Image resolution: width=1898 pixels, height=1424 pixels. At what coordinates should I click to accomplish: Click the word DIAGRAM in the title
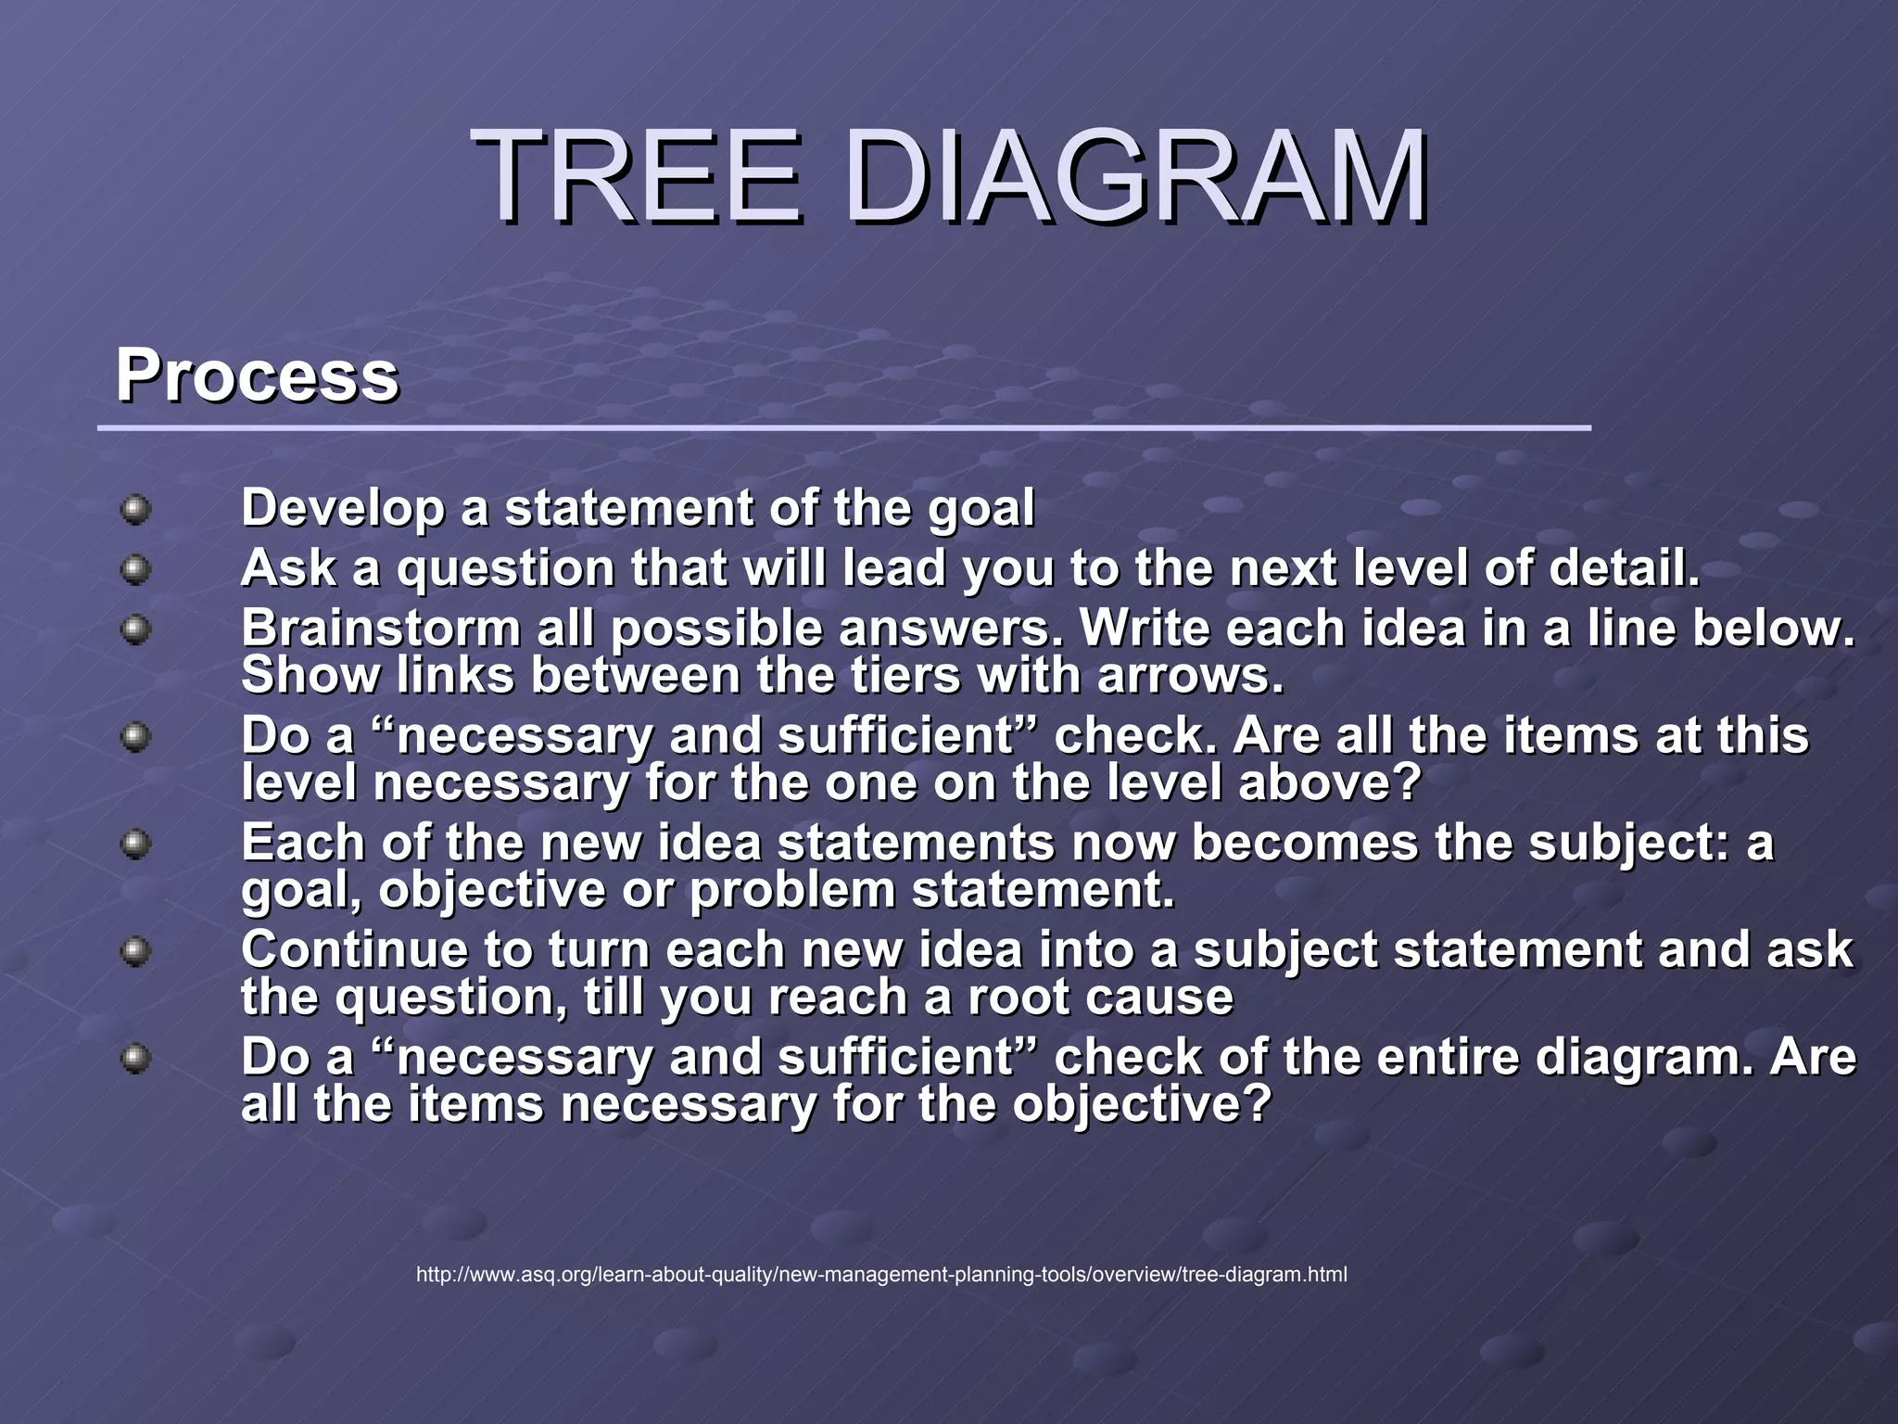[x=1136, y=178]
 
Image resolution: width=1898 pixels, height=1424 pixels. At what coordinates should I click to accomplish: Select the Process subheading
[x=257, y=375]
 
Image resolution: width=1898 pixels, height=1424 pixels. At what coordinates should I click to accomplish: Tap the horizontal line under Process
[x=843, y=428]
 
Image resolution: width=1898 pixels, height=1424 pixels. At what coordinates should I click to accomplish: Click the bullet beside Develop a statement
[x=136, y=510]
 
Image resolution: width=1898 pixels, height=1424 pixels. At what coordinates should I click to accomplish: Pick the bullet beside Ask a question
[x=136, y=569]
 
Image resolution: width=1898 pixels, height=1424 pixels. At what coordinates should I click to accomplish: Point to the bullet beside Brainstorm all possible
[x=136, y=630]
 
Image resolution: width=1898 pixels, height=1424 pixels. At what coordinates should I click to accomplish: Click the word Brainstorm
[x=381, y=629]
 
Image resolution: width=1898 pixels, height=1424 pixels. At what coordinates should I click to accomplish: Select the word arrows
[x=1190, y=675]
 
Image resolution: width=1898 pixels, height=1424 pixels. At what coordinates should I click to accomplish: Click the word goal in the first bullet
[x=981, y=510]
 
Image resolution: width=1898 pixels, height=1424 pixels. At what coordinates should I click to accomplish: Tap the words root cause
[x=1100, y=998]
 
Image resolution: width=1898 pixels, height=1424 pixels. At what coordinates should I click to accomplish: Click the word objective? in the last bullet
[x=1141, y=1105]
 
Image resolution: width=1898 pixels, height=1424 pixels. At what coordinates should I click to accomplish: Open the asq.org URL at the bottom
[x=881, y=1275]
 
